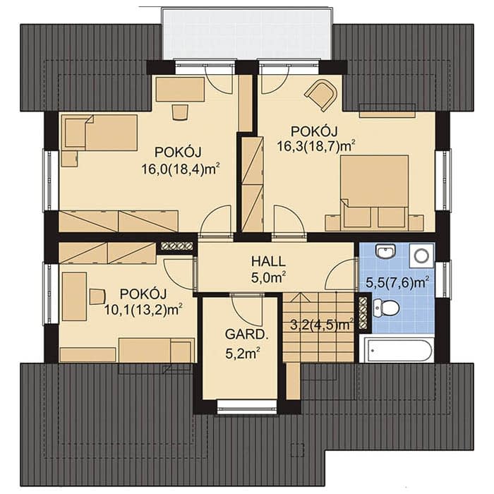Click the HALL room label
(268, 262)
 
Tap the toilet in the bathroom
(385, 308)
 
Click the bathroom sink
(385, 252)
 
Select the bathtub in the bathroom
(397, 350)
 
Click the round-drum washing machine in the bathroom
(421, 255)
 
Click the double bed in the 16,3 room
(375, 191)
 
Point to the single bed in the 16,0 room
(100, 133)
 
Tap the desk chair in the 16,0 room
(180, 112)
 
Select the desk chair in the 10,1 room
(97, 297)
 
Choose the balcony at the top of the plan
(247, 34)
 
